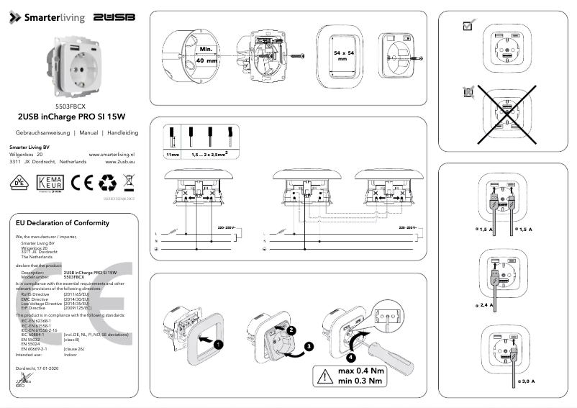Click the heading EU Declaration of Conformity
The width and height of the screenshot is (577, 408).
point(63,223)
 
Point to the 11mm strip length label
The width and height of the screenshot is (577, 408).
point(172,155)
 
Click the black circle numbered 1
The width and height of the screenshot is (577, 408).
point(219,345)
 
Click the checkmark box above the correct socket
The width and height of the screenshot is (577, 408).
point(467,25)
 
